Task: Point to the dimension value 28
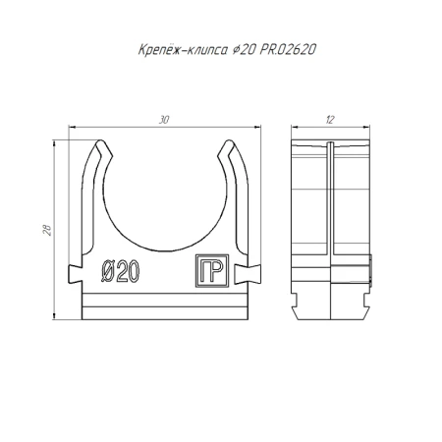coord(47,228)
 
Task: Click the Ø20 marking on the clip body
coord(121,272)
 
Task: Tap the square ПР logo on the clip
coord(211,272)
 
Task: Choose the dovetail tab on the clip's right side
coord(259,271)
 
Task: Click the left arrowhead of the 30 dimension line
coord(73,127)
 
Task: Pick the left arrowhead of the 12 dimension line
coord(296,127)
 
